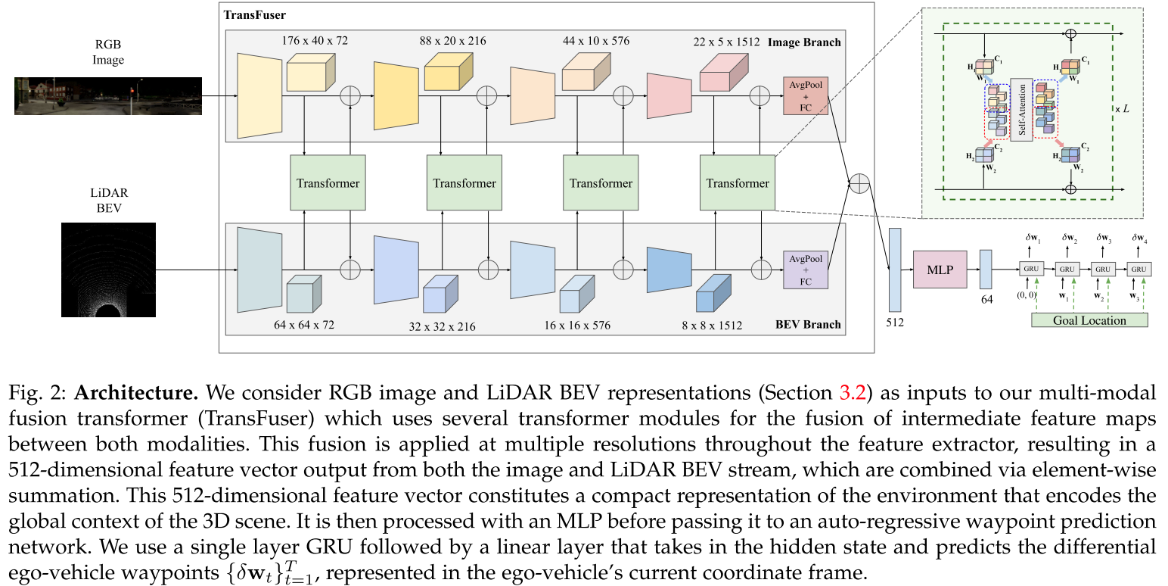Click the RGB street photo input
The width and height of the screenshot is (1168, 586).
[x=107, y=95]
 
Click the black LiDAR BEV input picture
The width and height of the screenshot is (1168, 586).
[x=108, y=269]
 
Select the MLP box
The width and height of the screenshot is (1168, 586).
[x=940, y=270]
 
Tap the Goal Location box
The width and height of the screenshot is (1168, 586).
[x=1089, y=320]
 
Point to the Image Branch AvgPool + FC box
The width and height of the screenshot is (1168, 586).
[x=806, y=95]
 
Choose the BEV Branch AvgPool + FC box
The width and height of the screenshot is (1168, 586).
[x=806, y=270]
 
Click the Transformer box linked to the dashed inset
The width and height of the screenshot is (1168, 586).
[x=737, y=182]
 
